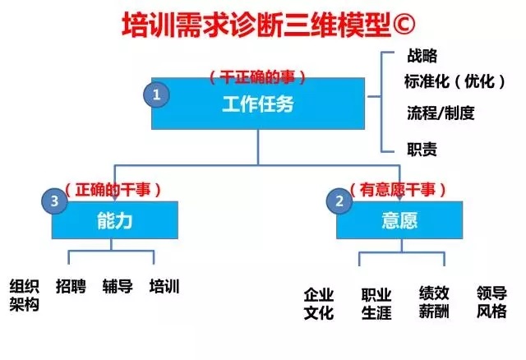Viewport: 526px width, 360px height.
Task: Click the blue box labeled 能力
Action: click(x=115, y=220)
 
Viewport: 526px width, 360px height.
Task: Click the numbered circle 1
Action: click(x=157, y=94)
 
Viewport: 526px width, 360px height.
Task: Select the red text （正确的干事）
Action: click(x=113, y=189)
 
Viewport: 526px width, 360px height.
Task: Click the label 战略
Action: click(x=422, y=56)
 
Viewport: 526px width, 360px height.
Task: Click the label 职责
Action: click(x=422, y=149)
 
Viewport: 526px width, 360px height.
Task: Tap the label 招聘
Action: click(x=69, y=287)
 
